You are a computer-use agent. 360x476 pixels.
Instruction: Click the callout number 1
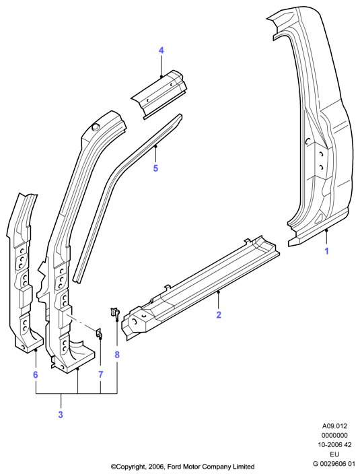click(x=326, y=251)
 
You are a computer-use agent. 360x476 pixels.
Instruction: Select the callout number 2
click(x=219, y=315)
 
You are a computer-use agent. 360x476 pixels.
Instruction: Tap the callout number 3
click(x=61, y=415)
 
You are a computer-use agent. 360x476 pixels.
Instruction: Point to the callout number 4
click(x=161, y=50)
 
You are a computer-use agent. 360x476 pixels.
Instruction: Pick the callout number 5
click(x=155, y=168)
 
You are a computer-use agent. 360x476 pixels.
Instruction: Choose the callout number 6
click(x=36, y=375)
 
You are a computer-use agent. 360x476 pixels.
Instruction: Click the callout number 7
click(x=101, y=374)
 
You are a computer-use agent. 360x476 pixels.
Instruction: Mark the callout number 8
click(x=117, y=355)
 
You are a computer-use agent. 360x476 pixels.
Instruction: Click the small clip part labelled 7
click(x=99, y=333)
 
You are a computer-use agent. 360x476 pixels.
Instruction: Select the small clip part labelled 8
click(x=114, y=313)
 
